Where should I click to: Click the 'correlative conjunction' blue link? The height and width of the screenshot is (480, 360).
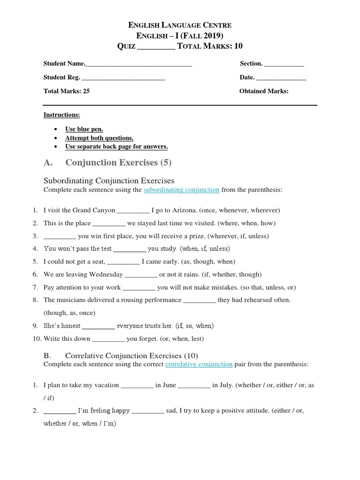199,364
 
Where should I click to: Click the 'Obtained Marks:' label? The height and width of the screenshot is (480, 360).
264,91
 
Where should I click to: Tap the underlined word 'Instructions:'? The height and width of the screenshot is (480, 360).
61,115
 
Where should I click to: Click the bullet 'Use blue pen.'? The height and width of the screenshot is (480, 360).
84,129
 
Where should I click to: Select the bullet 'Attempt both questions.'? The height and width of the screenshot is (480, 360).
99,138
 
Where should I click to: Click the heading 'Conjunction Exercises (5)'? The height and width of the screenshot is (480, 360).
119,163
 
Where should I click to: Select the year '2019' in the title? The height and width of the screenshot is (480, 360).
212,35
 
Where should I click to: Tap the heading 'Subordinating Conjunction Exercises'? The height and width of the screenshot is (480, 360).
109,180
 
